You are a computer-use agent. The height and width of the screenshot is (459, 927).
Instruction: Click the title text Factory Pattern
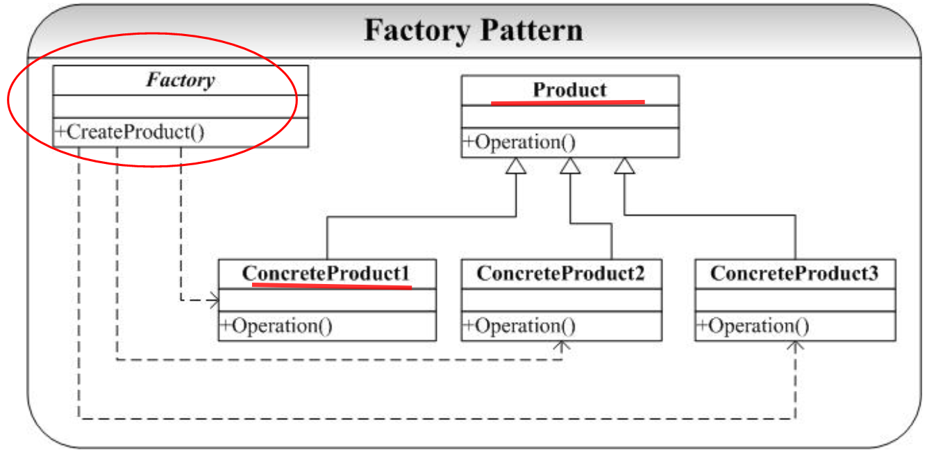[x=474, y=31]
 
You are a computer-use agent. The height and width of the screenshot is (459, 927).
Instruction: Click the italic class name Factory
[x=181, y=80]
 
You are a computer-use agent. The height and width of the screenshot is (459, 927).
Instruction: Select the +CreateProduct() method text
[x=131, y=132]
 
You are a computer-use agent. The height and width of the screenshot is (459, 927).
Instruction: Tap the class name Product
[x=569, y=90]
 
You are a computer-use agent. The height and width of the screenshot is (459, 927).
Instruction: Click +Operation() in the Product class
[x=520, y=142]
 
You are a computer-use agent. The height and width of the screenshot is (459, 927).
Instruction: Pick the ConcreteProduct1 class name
[x=326, y=274]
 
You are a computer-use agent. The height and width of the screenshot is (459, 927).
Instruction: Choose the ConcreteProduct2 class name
[x=560, y=274]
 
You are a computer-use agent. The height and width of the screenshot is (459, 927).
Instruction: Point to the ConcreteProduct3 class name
[x=794, y=274]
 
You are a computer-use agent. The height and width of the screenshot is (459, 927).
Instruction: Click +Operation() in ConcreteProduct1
[x=276, y=326]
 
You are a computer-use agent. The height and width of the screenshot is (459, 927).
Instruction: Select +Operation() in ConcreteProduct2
[x=519, y=326]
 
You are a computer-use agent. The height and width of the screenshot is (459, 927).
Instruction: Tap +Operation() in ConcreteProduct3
[x=753, y=326]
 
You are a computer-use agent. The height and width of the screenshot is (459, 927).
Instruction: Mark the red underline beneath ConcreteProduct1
[x=332, y=285]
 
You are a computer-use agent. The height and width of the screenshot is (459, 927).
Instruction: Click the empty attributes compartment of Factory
[x=181, y=106]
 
